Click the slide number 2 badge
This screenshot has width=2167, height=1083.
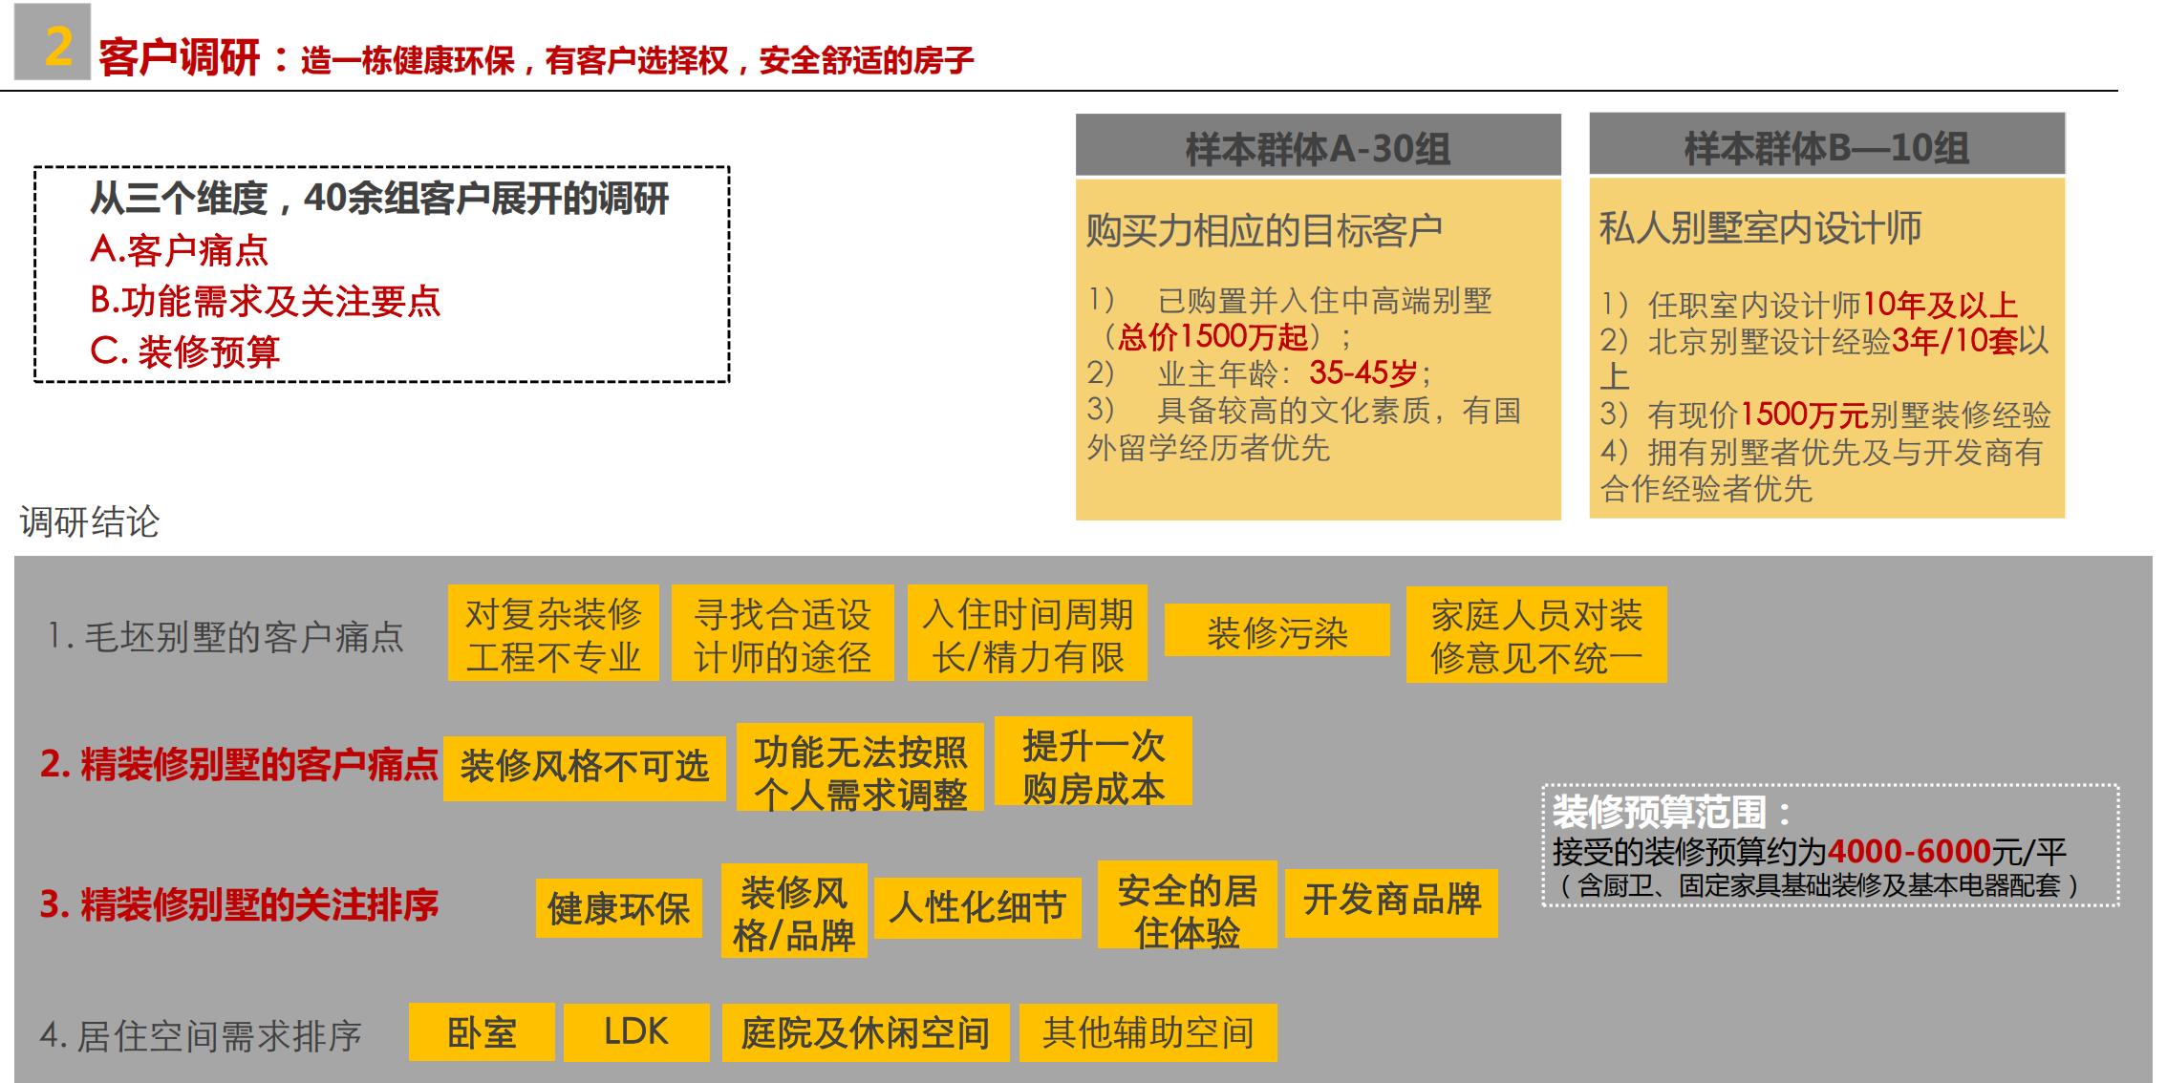[54, 43]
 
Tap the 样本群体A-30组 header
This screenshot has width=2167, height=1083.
[1318, 147]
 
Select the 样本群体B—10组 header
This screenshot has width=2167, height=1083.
[1826, 146]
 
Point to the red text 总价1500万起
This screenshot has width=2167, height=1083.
[1212, 336]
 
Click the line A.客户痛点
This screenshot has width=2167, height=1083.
[179, 250]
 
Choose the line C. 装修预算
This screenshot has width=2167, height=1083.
[184, 351]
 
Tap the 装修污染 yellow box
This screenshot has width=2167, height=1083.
[1277, 631]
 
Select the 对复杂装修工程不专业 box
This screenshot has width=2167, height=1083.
[553, 634]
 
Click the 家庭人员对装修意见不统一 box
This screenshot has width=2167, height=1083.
[1535, 635]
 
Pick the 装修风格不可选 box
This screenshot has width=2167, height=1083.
[584, 767]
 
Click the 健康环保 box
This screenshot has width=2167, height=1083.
[618, 908]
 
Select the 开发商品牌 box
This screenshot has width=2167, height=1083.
[1391, 901]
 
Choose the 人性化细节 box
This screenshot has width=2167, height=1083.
[976, 907]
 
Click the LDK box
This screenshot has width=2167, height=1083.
[636, 1032]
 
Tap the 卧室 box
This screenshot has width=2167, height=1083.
[482, 1032]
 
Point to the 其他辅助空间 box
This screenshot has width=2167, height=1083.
[1148, 1032]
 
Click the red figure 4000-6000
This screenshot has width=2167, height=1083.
[1908, 851]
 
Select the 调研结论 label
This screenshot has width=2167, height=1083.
[90, 521]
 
